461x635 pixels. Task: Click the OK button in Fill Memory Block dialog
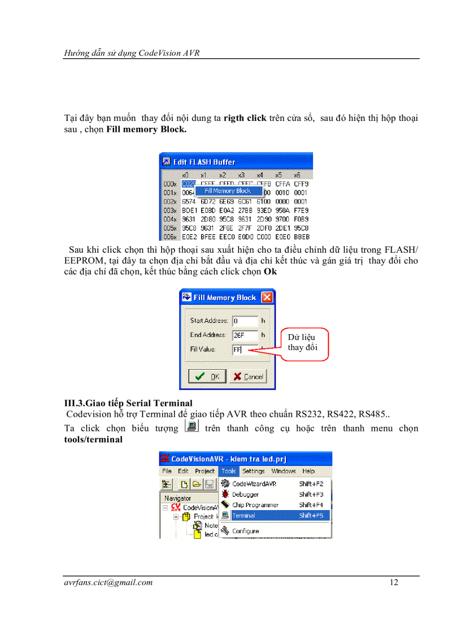coord(207,377)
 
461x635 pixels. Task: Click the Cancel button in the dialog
coord(248,377)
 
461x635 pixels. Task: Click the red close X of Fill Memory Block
coord(267,297)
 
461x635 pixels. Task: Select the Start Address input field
coord(244,321)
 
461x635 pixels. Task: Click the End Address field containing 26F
coord(244,335)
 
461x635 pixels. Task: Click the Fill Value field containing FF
coord(244,349)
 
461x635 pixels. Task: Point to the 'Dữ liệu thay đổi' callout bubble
coord(302,343)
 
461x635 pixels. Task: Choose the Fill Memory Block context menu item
coord(228,191)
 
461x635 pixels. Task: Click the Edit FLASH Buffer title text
coord(204,162)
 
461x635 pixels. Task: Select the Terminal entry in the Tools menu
coord(243,516)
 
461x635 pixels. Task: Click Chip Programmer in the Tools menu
coord(255,505)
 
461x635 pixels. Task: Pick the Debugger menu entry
coord(245,494)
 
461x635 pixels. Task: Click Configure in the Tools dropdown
coord(245,531)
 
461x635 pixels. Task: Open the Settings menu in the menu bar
coord(253,471)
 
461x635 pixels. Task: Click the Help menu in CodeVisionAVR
coord(308,471)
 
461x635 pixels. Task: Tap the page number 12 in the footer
coord(394,582)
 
